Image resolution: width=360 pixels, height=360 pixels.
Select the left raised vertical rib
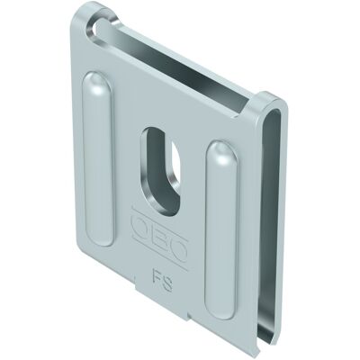click(x=99, y=159)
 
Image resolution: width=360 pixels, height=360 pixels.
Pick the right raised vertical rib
click(x=222, y=230)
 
